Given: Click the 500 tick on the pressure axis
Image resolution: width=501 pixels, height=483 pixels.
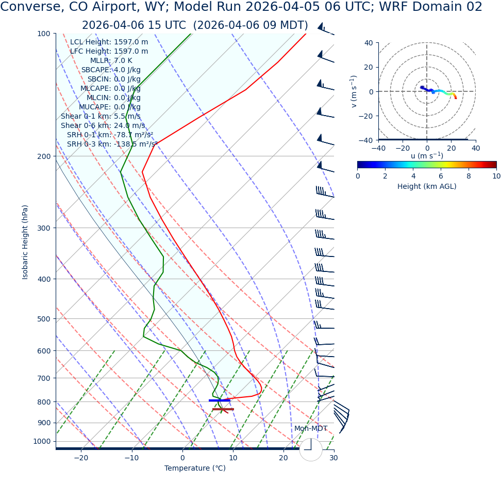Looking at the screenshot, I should (x=43, y=319).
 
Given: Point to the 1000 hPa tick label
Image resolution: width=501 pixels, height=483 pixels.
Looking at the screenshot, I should (x=41, y=441).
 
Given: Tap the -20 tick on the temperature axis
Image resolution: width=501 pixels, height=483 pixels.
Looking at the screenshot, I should (x=81, y=458).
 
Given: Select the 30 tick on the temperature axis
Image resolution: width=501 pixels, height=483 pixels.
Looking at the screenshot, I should (x=333, y=458).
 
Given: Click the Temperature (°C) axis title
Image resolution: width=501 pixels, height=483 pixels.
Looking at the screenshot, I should (x=195, y=468).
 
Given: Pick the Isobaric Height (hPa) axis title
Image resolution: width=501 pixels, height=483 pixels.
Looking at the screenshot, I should (x=25, y=242).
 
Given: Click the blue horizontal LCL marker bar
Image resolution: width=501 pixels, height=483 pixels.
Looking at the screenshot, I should (x=220, y=400).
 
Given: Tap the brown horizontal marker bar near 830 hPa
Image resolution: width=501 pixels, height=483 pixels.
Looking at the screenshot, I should (x=223, y=409).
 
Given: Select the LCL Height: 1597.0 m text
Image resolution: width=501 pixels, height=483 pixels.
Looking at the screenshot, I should (x=109, y=42).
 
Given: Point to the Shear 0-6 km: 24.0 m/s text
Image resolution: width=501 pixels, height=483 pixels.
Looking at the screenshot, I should (x=103, y=126).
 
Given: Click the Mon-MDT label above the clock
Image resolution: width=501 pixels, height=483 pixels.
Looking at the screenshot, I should (x=311, y=429).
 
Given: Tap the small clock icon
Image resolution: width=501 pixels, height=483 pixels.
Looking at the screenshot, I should (x=311, y=449).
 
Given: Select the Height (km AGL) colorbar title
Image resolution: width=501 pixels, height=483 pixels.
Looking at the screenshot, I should (x=427, y=186).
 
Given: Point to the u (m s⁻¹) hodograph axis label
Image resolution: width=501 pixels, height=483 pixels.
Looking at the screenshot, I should (x=427, y=156).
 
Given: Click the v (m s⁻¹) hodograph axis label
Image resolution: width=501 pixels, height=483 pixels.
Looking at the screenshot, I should (x=354, y=91).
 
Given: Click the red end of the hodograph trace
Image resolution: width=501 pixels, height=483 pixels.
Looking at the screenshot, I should (x=456, y=98).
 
